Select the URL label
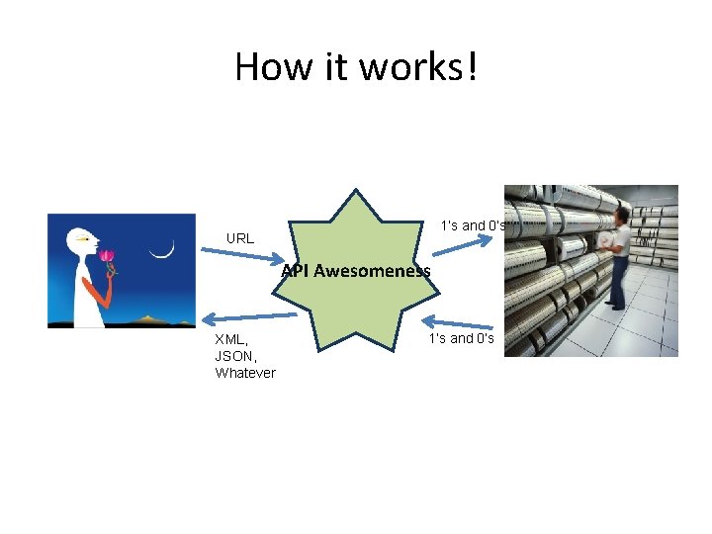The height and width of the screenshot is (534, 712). click(x=240, y=238)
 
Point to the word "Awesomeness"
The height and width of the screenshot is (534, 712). click(x=372, y=271)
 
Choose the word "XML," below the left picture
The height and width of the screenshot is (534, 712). click(x=233, y=339)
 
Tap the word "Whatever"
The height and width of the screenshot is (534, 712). click(x=245, y=373)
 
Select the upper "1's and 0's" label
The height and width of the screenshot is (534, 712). click(x=474, y=225)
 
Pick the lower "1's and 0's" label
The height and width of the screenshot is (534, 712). click(x=462, y=338)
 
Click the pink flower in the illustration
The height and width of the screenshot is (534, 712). click(x=107, y=256)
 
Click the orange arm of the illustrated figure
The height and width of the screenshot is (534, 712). click(x=97, y=291)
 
